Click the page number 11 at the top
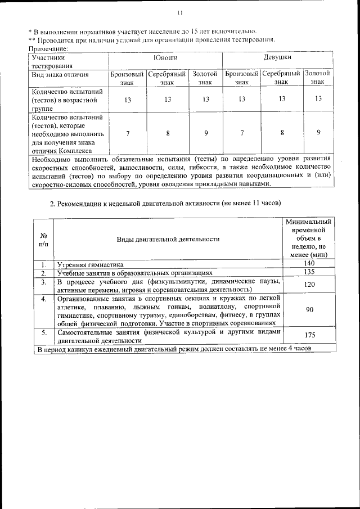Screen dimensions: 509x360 (180, 13)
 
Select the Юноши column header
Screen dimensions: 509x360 (166, 57)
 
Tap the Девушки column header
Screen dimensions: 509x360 (277, 57)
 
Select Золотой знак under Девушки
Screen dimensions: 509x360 (317, 78)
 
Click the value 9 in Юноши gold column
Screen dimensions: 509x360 (206, 133)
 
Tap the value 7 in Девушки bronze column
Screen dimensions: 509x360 (241, 133)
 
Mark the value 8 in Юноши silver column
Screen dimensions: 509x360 (167, 133)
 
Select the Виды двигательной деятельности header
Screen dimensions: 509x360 (168, 239)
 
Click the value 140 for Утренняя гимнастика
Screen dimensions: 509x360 (308, 263)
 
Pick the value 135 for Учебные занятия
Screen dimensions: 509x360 (308, 272)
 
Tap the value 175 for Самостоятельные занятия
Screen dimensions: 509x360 (308, 336)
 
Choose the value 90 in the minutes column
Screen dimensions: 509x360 (309, 309)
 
